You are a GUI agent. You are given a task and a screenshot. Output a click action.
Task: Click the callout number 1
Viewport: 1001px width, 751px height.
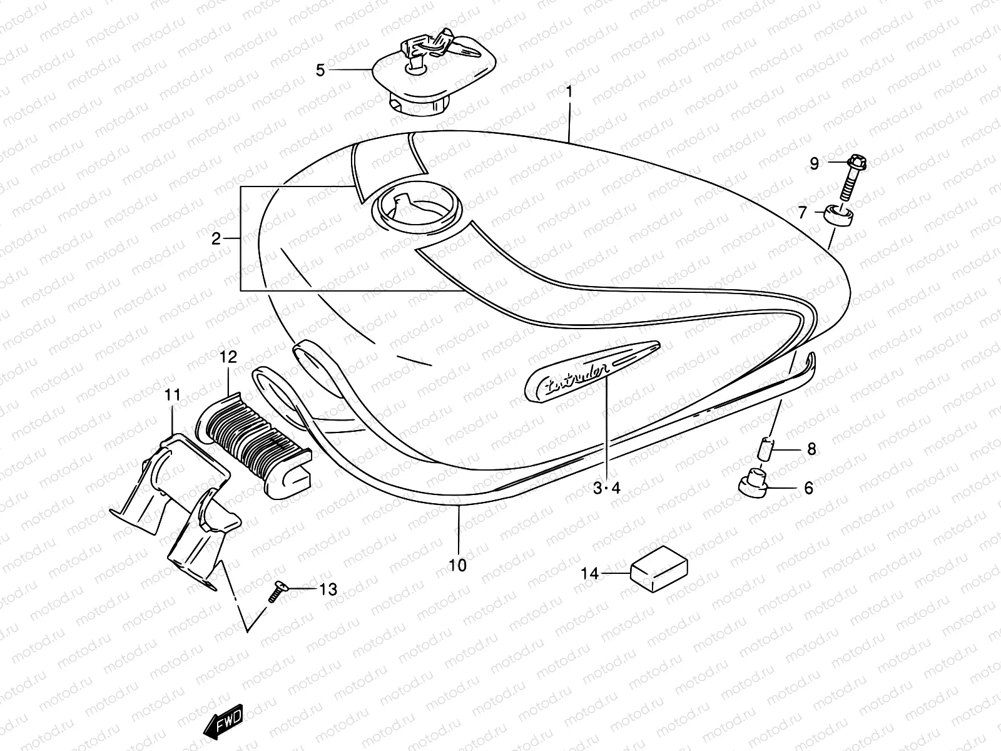[569, 91]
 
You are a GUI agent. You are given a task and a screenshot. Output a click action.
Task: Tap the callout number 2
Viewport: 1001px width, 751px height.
[216, 238]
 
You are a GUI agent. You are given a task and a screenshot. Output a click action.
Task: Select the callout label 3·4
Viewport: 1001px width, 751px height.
[606, 488]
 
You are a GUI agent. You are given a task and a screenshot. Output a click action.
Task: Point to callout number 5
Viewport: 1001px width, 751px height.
[320, 70]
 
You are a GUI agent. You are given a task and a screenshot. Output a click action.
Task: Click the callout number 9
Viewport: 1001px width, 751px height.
[814, 163]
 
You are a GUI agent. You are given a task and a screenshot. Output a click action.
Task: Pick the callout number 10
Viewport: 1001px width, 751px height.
[458, 565]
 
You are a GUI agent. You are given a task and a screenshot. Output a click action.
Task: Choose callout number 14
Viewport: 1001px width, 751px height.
[589, 573]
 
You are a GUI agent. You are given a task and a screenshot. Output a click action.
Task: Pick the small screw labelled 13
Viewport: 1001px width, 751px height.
[277, 591]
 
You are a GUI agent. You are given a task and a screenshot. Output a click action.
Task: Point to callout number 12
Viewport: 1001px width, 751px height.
[228, 357]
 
